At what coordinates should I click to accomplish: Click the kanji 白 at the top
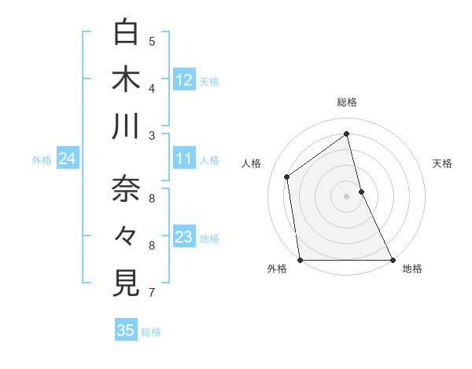[127, 33]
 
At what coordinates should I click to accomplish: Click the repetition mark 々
[127, 236]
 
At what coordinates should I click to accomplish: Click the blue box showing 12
[184, 79]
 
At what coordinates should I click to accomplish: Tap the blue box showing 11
[184, 159]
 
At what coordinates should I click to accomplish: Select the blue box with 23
[184, 238]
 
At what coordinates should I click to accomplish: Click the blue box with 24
[67, 159]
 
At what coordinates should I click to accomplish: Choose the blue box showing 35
[126, 331]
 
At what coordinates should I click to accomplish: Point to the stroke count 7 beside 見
[152, 293]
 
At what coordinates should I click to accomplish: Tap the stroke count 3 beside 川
[152, 136]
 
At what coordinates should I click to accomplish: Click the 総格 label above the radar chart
[347, 102]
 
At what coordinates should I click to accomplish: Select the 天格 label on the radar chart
[443, 163]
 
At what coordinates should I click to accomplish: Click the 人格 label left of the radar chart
[251, 163]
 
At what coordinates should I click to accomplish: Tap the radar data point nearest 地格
[393, 260]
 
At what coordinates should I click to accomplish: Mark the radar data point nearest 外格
[301, 260]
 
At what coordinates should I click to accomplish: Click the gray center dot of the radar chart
[346, 196]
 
